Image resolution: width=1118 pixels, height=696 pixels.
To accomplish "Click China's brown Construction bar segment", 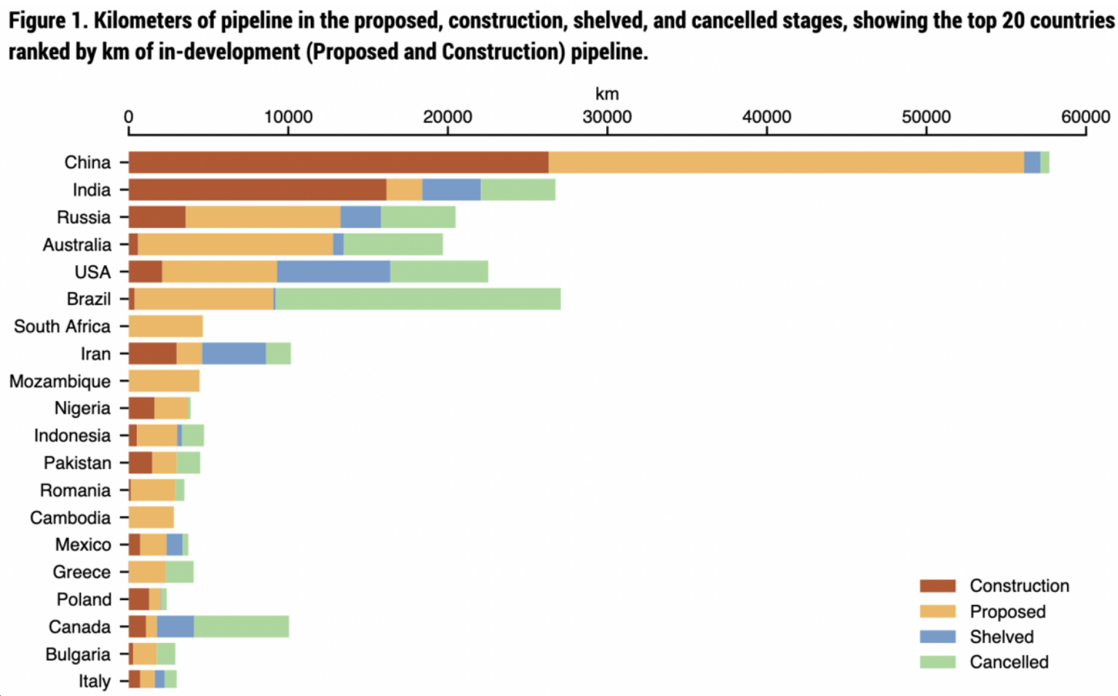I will (338, 162).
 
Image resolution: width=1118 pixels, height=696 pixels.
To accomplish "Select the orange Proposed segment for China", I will (786, 162).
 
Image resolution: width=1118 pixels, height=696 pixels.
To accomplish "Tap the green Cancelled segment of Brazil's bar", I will (418, 299).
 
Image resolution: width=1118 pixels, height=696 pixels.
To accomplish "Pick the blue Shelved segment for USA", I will (333, 272).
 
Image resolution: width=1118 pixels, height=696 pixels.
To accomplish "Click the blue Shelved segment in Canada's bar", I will (175, 627).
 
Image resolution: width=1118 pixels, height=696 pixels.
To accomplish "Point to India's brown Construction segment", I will (258, 190).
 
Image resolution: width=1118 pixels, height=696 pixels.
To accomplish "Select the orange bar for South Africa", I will (166, 326).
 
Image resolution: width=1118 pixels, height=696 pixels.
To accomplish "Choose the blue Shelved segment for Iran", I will (234, 354).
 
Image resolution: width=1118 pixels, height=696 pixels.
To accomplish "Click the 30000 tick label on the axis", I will (606, 117).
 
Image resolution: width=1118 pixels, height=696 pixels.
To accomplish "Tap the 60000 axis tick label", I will (1085, 117).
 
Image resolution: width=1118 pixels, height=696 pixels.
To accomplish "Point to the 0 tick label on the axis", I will (129, 117).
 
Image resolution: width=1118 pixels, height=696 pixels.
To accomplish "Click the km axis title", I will (606, 94).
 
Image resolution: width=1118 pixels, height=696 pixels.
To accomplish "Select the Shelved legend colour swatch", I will (937, 637).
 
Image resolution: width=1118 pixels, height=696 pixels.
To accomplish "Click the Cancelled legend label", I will (1009, 663).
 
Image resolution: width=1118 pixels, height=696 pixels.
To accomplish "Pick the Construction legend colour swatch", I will (937, 586).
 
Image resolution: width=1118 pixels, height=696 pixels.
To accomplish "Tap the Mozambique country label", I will (60, 381).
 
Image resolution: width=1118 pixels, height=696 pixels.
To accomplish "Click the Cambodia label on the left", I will (71, 518).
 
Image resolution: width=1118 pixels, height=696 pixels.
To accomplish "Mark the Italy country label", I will (95, 681).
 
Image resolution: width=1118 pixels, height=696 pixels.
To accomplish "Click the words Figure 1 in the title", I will (47, 20).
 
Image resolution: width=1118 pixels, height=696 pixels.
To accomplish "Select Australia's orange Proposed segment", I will (235, 245).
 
